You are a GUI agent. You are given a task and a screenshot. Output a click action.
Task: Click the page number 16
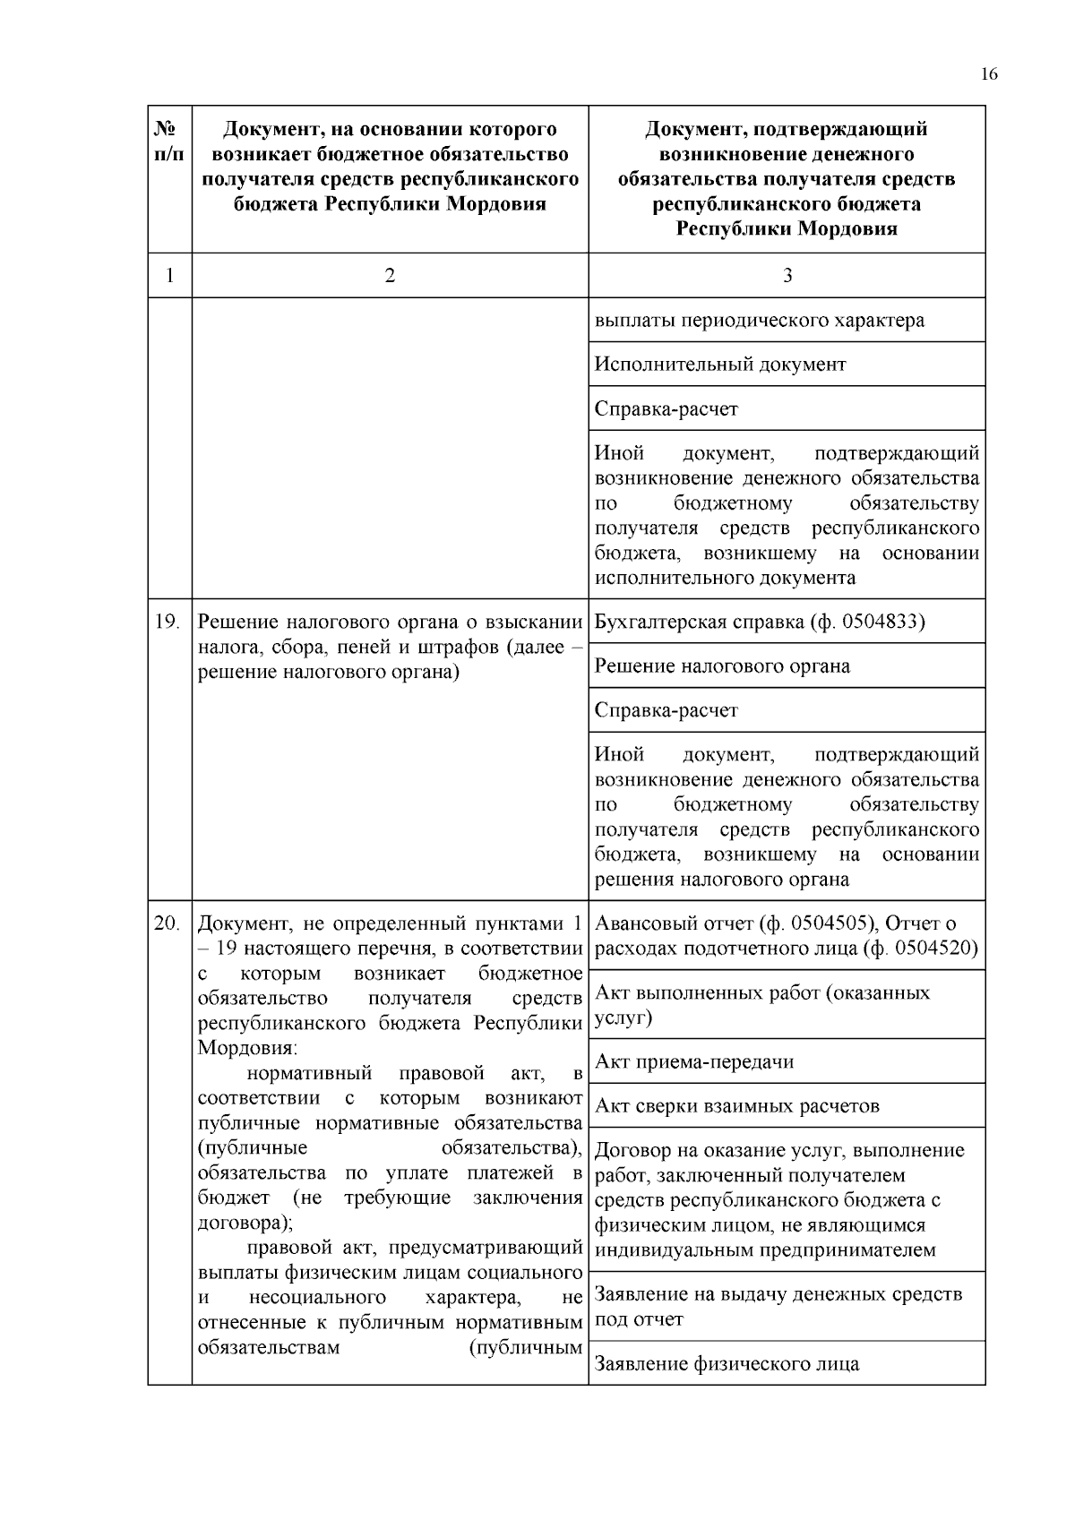click(988, 74)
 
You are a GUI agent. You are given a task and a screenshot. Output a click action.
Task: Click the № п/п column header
click(169, 142)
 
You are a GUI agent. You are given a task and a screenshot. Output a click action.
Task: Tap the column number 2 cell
click(390, 276)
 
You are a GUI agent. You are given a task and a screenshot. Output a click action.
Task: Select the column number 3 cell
click(787, 276)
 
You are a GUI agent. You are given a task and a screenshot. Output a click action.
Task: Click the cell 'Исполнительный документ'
click(720, 365)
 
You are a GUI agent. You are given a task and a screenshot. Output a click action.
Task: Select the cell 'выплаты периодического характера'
click(760, 321)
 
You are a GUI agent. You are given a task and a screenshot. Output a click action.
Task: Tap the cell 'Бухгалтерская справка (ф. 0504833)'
click(760, 622)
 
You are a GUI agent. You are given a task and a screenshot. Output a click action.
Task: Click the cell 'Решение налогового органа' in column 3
click(722, 666)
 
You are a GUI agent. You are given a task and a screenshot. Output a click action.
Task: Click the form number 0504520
click(937, 948)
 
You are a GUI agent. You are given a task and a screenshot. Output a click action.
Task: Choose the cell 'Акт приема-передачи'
click(694, 1062)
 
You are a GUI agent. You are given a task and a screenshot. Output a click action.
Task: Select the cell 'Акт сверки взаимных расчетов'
click(737, 1106)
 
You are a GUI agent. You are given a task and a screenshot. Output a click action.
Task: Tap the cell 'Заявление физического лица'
click(727, 1364)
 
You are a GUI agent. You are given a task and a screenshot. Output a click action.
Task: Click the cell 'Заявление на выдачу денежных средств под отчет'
click(778, 1307)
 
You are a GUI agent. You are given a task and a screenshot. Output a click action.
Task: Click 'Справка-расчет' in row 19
click(666, 711)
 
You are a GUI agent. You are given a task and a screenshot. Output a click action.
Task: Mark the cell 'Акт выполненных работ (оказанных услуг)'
click(762, 1005)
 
